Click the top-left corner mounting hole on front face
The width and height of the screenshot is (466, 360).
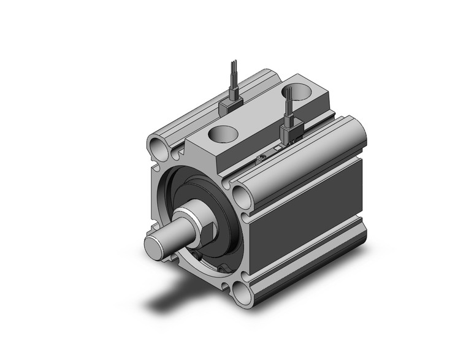(158, 147)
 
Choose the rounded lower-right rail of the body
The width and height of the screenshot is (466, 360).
(307, 270)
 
